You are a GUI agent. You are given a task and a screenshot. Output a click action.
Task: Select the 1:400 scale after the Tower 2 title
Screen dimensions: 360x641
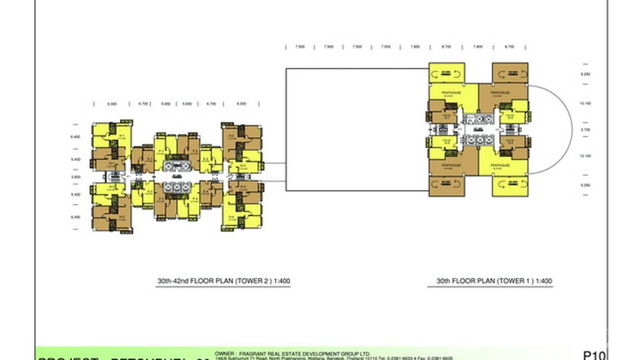[x=282, y=281]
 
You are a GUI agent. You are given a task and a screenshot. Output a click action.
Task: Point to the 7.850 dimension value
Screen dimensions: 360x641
[x=415, y=47]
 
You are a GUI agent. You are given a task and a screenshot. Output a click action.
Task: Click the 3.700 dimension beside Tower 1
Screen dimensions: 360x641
[x=586, y=129]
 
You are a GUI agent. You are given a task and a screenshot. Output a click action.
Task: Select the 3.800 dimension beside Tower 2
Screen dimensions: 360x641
[x=75, y=177]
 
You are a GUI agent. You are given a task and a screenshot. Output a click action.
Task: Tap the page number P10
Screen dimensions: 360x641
[x=594, y=355]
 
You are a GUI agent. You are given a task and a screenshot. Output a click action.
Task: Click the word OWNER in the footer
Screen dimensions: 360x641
[x=224, y=354]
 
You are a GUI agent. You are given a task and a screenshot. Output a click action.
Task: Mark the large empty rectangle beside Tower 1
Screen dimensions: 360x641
[x=356, y=129]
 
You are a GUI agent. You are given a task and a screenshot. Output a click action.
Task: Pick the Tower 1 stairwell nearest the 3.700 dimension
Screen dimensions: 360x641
[x=510, y=129]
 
